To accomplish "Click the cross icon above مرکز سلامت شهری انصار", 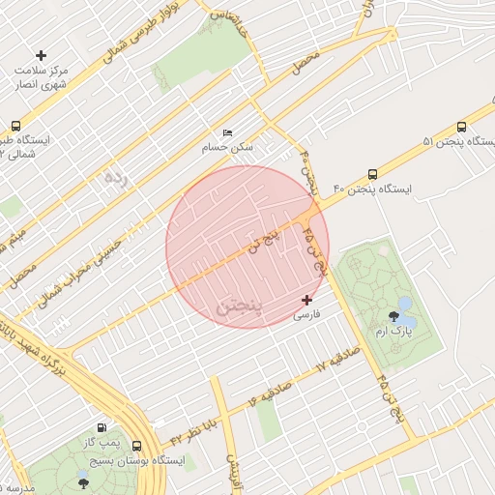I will (x=40, y=56).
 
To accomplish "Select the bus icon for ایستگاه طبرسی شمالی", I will (x=15, y=127).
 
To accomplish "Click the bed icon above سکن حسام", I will (x=227, y=132).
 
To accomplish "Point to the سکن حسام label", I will (x=227, y=148).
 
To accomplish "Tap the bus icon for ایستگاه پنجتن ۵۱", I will (x=461, y=127).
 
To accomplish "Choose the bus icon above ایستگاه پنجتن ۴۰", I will (x=372, y=174).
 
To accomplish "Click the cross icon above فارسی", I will (x=307, y=301).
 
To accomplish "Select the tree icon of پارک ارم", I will (x=393, y=315).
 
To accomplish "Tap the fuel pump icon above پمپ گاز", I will (x=102, y=427).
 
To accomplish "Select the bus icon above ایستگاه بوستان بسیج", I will (x=136, y=447).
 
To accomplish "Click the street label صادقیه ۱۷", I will (x=337, y=362).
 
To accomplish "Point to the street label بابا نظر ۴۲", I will (x=191, y=426).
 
